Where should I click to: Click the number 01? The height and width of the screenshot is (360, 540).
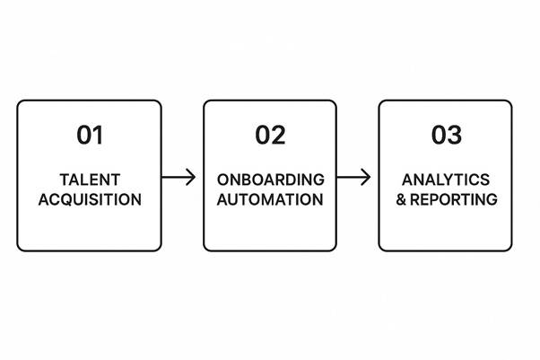click(90, 136)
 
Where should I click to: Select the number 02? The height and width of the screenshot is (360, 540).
click(269, 136)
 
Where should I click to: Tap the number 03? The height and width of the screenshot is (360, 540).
click(446, 136)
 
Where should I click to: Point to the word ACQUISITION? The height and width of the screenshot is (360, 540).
click(90, 199)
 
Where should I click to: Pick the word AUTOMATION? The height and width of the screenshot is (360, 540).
click(269, 199)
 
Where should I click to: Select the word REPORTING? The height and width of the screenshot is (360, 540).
click(454, 199)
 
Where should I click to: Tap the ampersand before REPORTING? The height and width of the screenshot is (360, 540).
click(402, 199)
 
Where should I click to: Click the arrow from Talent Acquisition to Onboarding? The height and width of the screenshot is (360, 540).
click(178, 177)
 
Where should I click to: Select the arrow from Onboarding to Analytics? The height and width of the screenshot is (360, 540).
click(353, 177)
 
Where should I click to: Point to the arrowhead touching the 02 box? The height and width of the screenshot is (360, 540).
click(191, 177)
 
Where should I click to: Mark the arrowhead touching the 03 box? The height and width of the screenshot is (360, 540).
click(367, 177)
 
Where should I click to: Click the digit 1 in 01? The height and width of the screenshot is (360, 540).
click(99, 136)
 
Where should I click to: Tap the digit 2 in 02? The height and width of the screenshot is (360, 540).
click(278, 136)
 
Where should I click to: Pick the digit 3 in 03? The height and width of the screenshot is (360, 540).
click(455, 136)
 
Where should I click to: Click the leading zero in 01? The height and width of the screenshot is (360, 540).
click(83, 136)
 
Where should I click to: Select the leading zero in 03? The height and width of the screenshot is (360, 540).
click(438, 136)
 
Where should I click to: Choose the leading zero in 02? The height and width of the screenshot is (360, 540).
click(261, 136)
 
